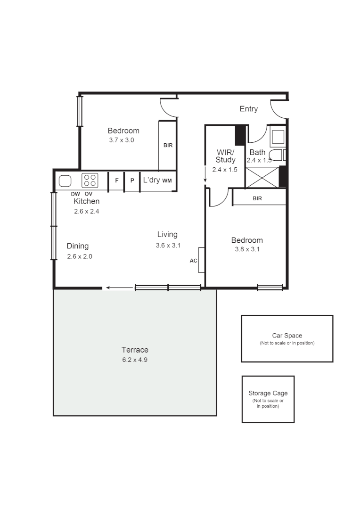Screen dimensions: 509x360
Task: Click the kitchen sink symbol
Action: tap(65, 181)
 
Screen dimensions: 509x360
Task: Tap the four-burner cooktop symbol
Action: tap(90, 181)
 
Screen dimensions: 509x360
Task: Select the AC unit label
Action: tap(193, 260)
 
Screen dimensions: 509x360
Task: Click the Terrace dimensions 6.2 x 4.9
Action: tap(135, 360)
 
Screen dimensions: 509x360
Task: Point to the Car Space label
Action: tap(287, 336)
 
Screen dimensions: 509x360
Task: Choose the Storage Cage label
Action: tap(268, 393)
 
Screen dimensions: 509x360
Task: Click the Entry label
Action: tap(248, 109)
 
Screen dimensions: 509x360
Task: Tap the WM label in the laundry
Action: tap(167, 181)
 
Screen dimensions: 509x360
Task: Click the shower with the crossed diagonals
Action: tap(262, 177)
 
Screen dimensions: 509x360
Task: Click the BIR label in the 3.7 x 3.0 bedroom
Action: tap(168, 145)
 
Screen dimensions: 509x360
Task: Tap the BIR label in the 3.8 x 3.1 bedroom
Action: tap(257, 198)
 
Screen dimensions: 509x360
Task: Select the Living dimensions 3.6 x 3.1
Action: tap(168, 245)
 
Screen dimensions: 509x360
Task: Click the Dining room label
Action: tap(77, 246)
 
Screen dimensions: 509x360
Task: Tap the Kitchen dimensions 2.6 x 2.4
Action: tap(86, 212)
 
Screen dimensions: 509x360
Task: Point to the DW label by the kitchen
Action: tap(75, 194)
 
